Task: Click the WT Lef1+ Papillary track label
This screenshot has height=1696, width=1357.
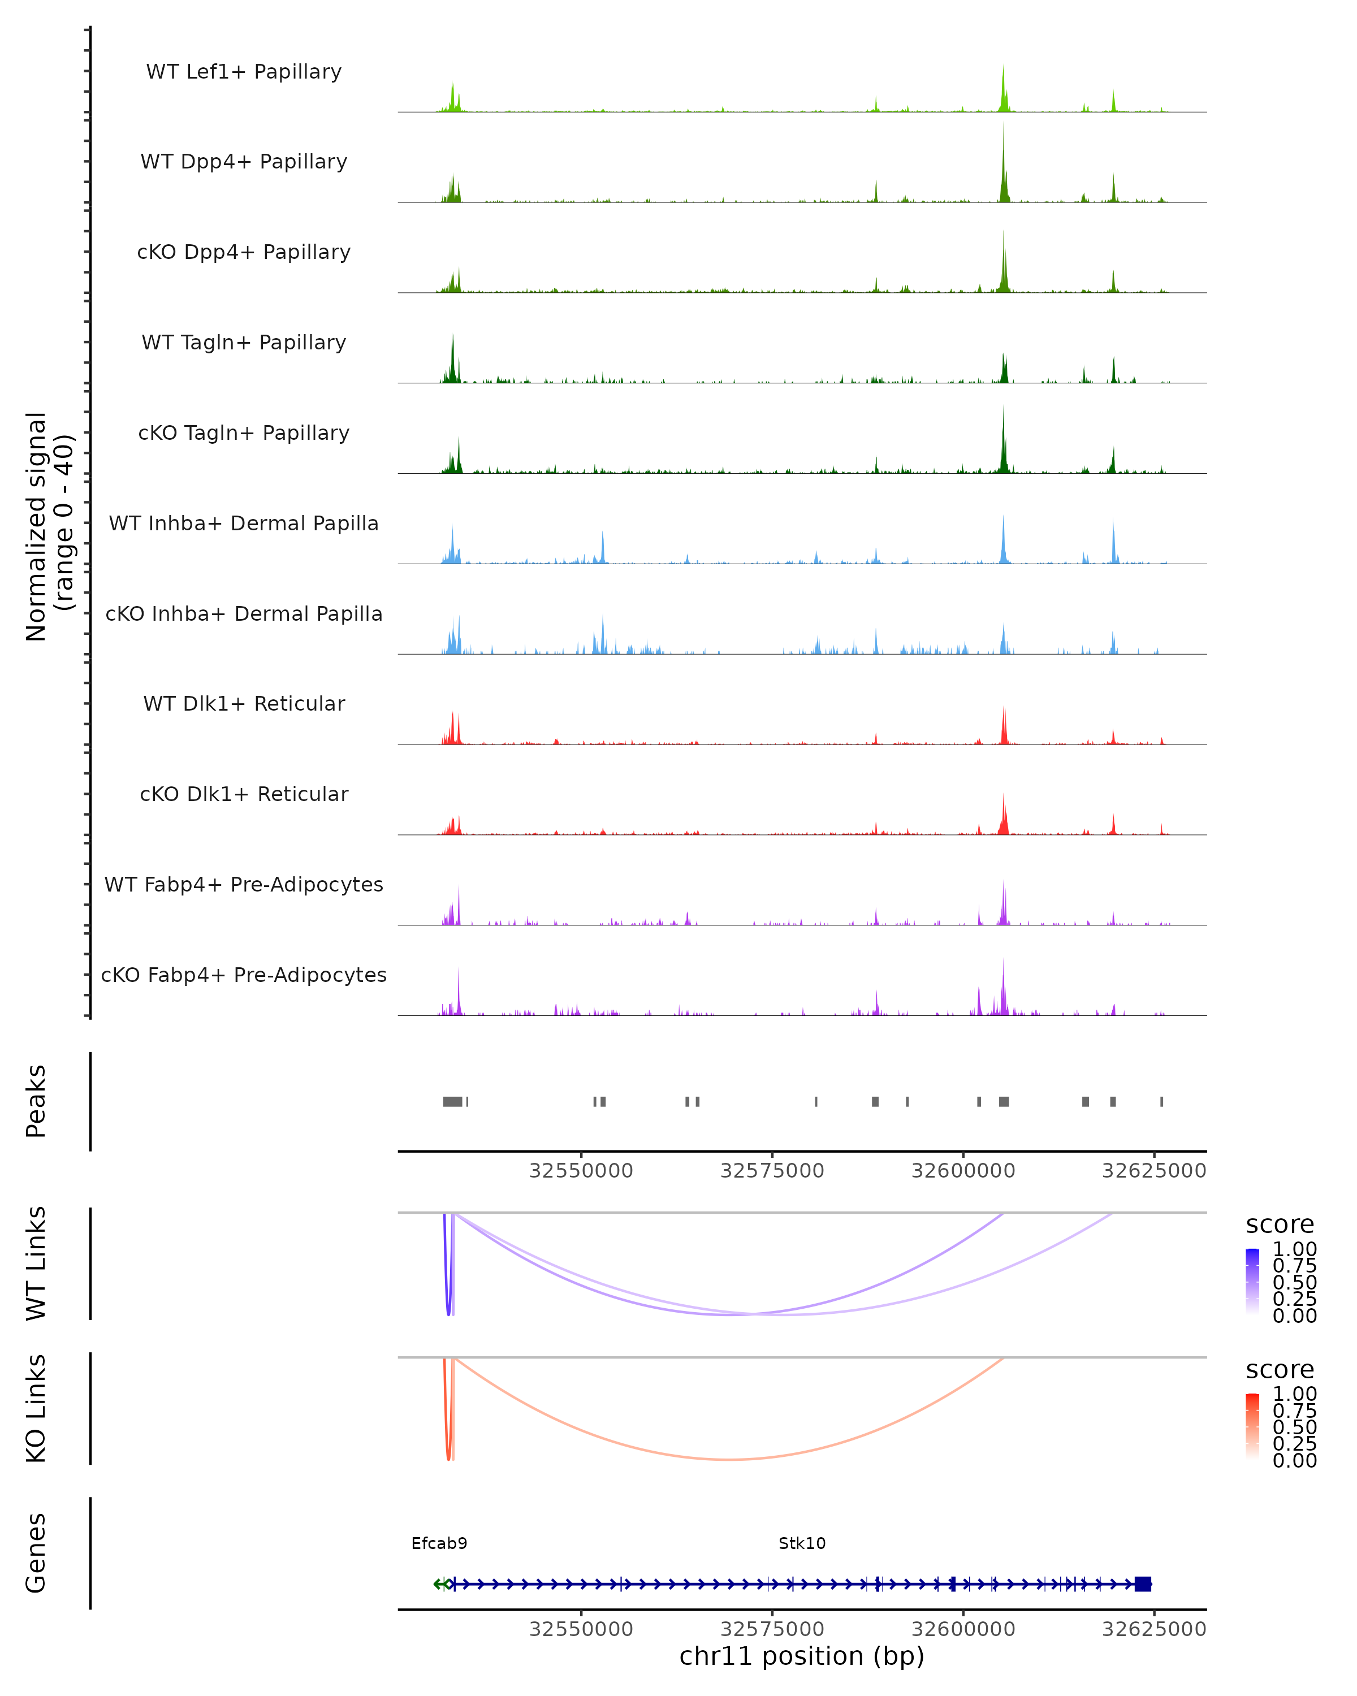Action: (244, 72)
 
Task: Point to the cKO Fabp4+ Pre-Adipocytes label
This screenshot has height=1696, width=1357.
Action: (244, 975)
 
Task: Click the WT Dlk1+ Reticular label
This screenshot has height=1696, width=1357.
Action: (244, 703)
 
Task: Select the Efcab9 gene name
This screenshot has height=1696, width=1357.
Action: (439, 1543)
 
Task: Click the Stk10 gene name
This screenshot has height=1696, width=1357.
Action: (802, 1543)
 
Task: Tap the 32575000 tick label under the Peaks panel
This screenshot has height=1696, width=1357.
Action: (772, 1171)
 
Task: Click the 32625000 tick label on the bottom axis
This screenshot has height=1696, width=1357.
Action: (1153, 1629)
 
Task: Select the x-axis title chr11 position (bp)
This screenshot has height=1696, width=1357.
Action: (802, 1656)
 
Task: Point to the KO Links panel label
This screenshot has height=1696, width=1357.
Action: (36, 1409)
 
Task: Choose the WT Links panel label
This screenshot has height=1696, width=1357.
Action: (36, 1264)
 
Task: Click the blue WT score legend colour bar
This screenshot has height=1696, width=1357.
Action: (1252, 1282)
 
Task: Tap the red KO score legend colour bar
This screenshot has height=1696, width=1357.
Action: (1252, 1426)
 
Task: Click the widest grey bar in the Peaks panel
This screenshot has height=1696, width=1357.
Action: (452, 1101)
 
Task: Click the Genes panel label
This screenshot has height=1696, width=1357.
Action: (36, 1553)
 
